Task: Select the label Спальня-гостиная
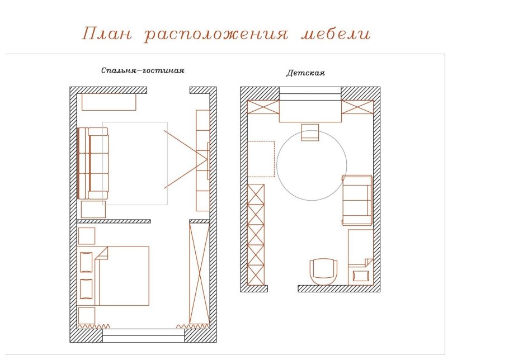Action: pyautogui.click(x=143, y=71)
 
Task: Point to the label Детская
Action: pyautogui.click(x=306, y=73)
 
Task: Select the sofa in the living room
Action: pyautogui.click(x=93, y=163)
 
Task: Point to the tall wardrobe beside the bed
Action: pyautogui.click(x=199, y=273)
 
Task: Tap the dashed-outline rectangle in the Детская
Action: pyautogui.click(x=261, y=159)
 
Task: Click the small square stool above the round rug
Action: pyautogui.click(x=310, y=132)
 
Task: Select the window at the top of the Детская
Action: pyautogui.click(x=310, y=92)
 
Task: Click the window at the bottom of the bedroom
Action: pyautogui.click(x=144, y=335)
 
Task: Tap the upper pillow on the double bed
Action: pyautogui.click(x=87, y=262)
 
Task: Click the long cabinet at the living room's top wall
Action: pyautogui.click(x=109, y=102)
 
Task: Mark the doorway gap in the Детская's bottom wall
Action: pyautogui.click(x=282, y=288)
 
